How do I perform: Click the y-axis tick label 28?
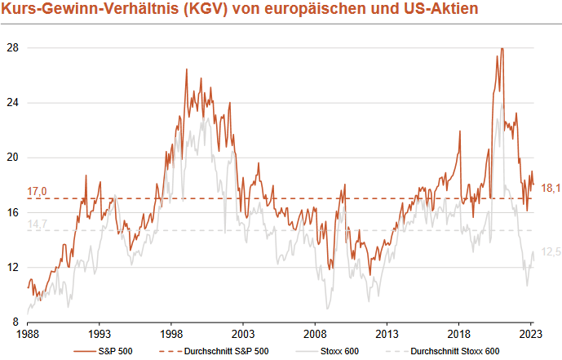pyautogui.click(x=12, y=48)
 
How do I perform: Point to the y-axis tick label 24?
pyautogui.click(x=12, y=103)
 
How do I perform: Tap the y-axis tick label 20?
pyautogui.click(x=12, y=158)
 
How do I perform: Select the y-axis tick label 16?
pyautogui.click(x=12, y=212)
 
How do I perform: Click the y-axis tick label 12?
pyautogui.click(x=12, y=267)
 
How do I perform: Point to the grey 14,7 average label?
pyautogui.click(x=37, y=223)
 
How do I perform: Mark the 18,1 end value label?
pyautogui.click(x=552, y=189)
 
